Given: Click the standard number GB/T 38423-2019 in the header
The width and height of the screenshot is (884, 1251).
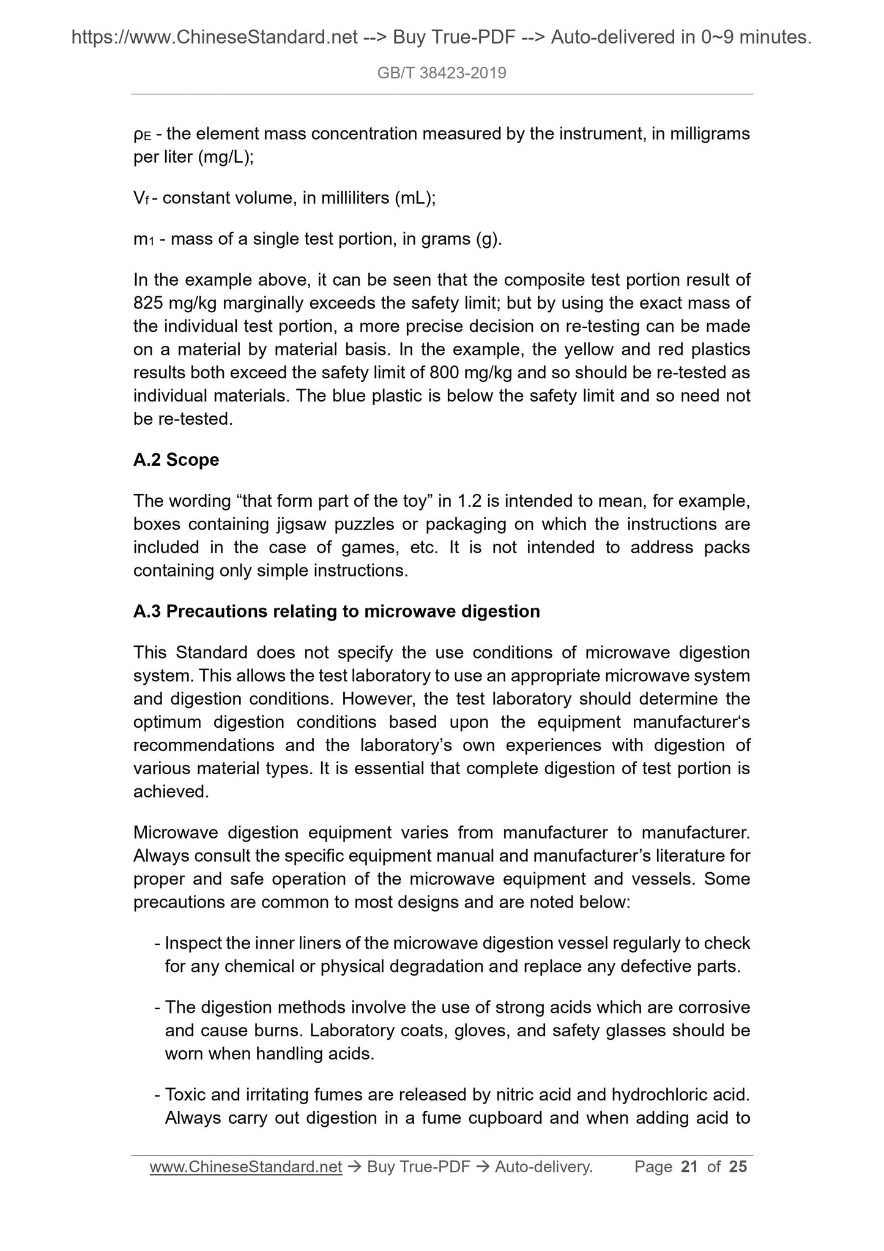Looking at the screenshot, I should click(x=442, y=73).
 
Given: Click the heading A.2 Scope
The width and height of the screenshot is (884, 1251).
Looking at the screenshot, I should click(x=176, y=460).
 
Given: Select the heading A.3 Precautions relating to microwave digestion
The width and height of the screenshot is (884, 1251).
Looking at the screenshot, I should click(x=336, y=611).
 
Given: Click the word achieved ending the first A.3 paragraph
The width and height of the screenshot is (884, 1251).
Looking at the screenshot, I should click(x=171, y=792).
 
